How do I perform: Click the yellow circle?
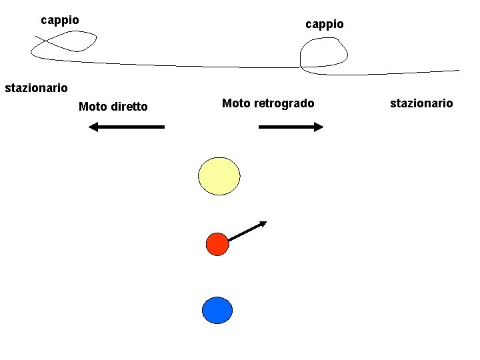(x=219, y=176)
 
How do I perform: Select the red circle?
(x=217, y=244)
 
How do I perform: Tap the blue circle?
(x=217, y=311)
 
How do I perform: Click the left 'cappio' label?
(x=60, y=20)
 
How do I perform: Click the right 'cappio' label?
(x=325, y=24)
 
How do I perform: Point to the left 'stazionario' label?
(x=36, y=87)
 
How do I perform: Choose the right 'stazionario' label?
(x=421, y=103)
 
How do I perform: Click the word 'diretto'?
(x=129, y=107)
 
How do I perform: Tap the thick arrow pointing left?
(x=127, y=127)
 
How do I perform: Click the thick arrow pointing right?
(x=290, y=127)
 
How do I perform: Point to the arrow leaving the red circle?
(x=247, y=231)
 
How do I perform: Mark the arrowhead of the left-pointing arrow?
(x=94, y=127)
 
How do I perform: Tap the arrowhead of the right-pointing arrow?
(x=318, y=127)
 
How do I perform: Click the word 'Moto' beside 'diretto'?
(x=93, y=107)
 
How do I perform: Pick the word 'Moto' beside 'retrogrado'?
(x=236, y=103)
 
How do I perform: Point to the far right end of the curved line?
(x=459, y=70)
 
